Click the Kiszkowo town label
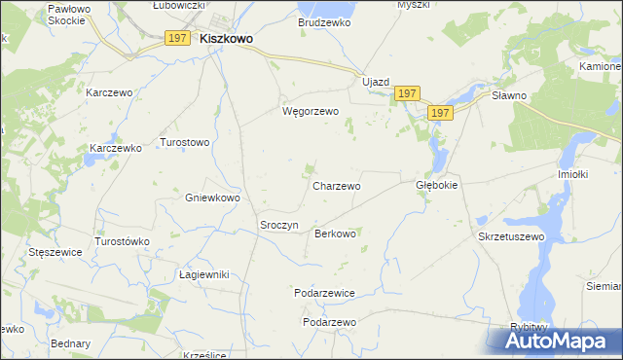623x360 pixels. (x=226, y=39)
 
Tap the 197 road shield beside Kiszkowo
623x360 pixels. (x=176, y=38)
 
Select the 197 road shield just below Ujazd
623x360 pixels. (x=408, y=93)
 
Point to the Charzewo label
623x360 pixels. (x=337, y=185)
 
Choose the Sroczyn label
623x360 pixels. (x=277, y=225)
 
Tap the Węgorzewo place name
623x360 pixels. (x=310, y=111)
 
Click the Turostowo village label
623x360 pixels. (x=185, y=142)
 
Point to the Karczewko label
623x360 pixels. (x=116, y=148)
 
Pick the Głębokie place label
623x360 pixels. (x=436, y=184)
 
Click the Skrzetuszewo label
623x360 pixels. (x=509, y=236)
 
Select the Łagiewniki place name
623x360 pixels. (x=203, y=274)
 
